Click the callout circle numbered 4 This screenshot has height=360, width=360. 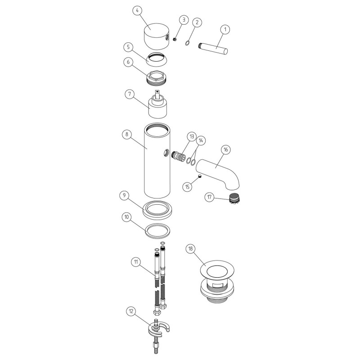coord(137,10)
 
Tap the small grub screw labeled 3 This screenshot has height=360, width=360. coord(175,39)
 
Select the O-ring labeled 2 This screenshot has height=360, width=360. coord(188,43)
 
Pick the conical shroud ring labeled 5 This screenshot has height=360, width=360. coord(157,59)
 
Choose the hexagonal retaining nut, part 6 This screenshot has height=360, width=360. coord(157,77)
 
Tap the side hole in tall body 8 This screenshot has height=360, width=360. coord(166,153)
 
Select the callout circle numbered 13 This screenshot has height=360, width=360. coord(192,137)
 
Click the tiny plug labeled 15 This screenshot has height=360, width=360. coord(200,176)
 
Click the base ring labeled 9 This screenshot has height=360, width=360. coord(157,210)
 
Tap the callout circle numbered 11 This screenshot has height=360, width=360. coord(136,262)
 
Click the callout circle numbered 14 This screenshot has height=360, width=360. coord(201,140)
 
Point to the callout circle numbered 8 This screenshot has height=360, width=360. coord(127,134)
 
